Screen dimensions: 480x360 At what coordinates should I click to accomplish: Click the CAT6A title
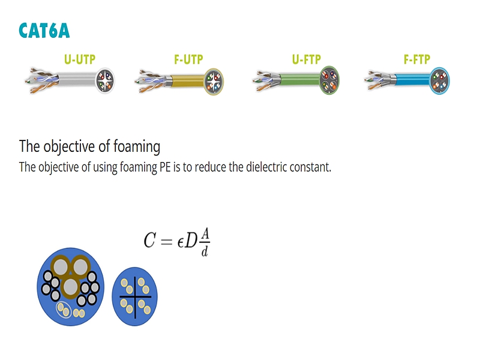pos(44,31)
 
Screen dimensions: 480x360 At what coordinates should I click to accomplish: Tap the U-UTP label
pos(80,59)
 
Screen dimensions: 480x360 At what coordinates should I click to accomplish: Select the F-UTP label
pos(188,59)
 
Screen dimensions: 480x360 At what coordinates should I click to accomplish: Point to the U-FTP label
pos(307,59)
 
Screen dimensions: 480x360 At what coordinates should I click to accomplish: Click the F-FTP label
pos(417,59)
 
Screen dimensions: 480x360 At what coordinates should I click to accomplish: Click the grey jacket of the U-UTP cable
pos(77,80)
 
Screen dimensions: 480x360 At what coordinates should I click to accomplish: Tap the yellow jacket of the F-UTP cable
pos(187,81)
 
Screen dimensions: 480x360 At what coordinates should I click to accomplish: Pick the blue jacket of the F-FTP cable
pos(413,80)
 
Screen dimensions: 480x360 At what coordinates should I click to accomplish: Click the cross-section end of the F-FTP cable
pos(440,81)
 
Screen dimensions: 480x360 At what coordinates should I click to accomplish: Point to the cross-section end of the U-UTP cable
pos(105,81)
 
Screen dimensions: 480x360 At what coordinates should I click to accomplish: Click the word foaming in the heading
pos(137,146)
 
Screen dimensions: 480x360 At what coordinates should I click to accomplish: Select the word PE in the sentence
pos(165,167)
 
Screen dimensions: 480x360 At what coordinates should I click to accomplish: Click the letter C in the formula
pos(149,240)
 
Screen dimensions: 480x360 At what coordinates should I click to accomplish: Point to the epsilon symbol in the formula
pos(181,242)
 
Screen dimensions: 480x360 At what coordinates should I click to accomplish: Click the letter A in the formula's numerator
pos(205,234)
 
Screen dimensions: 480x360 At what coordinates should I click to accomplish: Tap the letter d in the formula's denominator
pos(205,251)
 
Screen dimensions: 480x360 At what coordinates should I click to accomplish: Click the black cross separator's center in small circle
pos(135,296)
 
